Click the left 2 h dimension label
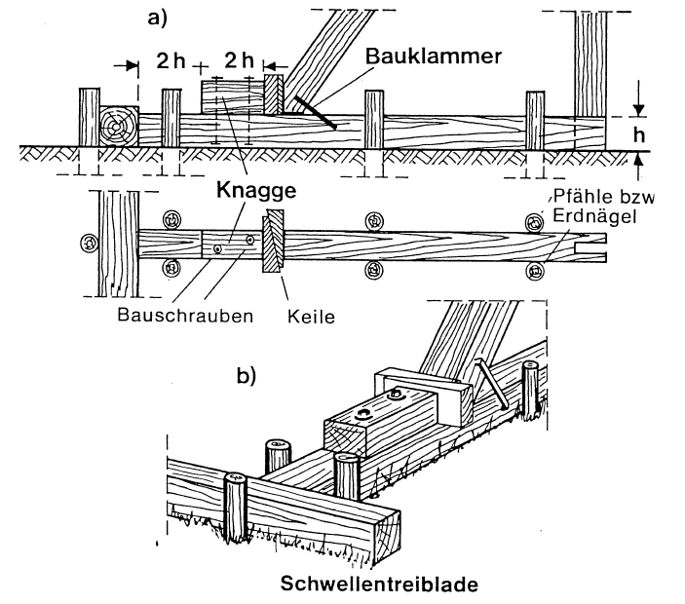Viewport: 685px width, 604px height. (170, 60)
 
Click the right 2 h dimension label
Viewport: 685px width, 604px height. (236, 60)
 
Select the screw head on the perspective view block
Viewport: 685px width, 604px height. (397, 394)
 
